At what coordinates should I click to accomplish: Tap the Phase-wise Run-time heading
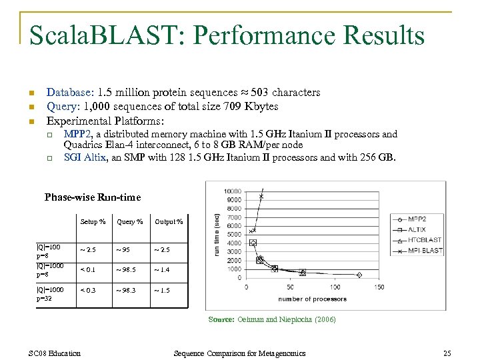click(x=93, y=197)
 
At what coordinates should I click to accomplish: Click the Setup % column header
click(x=93, y=222)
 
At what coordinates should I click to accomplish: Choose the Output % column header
click(x=169, y=222)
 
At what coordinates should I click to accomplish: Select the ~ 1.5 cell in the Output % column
click(x=162, y=291)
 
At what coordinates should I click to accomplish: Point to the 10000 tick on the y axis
click(x=233, y=192)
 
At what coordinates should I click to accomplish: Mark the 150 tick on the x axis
click(x=378, y=287)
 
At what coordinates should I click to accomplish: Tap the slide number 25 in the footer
click(x=447, y=353)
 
